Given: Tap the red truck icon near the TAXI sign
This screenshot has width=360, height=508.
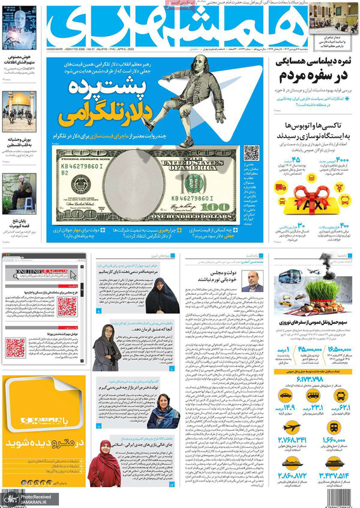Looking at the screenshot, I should tap(280, 188).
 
